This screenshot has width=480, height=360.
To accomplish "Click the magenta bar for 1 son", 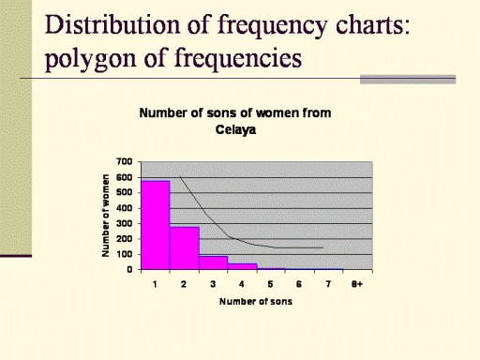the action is (x=156, y=225).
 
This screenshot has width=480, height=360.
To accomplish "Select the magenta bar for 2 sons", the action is (x=185, y=248).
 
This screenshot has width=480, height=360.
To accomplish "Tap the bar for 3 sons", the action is (x=214, y=262).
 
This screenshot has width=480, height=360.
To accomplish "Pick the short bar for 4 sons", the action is (x=243, y=266).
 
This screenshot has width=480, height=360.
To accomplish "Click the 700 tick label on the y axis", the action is (x=125, y=162).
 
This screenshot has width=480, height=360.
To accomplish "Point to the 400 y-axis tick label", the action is (x=125, y=208).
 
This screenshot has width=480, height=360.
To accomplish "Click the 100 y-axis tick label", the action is (x=125, y=254).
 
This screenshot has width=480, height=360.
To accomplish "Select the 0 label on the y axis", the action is (x=129, y=270).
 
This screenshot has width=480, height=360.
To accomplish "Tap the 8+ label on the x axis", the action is (x=357, y=284).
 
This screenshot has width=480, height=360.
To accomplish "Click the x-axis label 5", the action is (x=270, y=284).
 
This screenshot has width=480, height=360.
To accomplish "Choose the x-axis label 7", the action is (x=328, y=284).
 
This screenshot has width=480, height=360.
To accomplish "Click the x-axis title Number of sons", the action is (x=256, y=302).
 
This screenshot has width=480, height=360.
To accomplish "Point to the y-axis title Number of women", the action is (x=106, y=216).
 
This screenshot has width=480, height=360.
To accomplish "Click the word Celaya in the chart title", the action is (x=235, y=129).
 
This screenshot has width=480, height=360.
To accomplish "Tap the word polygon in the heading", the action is (x=91, y=59).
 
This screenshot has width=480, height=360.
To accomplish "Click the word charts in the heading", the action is (x=372, y=25).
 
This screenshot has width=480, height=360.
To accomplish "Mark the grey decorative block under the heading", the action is (x=408, y=80).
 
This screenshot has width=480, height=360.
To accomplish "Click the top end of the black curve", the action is (x=180, y=176).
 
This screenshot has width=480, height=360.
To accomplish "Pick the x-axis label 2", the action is (x=184, y=284).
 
